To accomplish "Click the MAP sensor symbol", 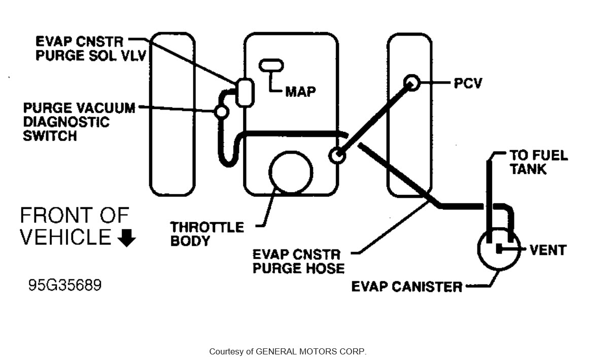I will tap(271, 66).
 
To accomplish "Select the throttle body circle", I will tap(291, 172).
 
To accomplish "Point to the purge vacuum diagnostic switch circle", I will tap(221, 111).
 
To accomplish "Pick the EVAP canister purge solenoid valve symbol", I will tap(244, 92).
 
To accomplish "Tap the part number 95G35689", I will tap(64, 285).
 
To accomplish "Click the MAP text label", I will tap(300, 92).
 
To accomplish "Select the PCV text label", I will tap(468, 83).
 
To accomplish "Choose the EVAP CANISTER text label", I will tap(407, 286).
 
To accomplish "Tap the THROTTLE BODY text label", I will tap(207, 233).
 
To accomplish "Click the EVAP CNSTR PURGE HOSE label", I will tap(298, 261).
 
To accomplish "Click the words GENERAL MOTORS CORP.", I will tap(310, 351).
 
